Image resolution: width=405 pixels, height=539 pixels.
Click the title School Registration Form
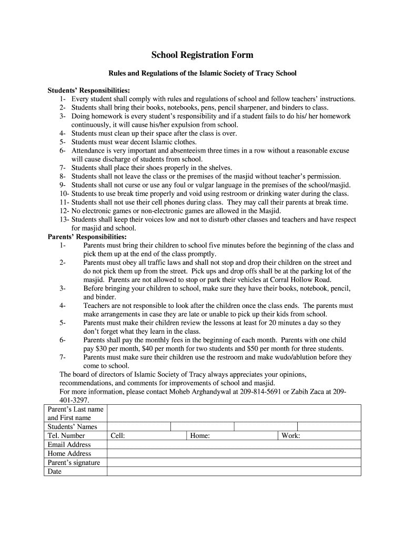pos(202,55)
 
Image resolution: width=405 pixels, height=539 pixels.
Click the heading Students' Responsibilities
pos(89,90)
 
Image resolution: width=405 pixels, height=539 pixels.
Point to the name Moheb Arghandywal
pos(202,392)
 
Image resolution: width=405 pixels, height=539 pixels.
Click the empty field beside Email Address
pos(234,444)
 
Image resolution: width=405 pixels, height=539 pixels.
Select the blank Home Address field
pos(234,453)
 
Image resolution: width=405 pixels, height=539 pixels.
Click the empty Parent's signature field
pos(234,462)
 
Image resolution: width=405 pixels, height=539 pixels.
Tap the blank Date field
pos(234,471)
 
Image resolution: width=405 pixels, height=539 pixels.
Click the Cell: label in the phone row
pos(117,435)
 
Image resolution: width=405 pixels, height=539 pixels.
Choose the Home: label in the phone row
pos(200,435)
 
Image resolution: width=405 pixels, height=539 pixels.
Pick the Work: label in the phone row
pos(291,435)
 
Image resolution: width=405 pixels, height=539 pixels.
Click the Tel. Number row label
pos(66,435)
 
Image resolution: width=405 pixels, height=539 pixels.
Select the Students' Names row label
pos(73,426)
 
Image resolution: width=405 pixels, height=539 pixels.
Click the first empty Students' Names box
pos(139,426)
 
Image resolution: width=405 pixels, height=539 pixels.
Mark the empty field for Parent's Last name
pos(234,413)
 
